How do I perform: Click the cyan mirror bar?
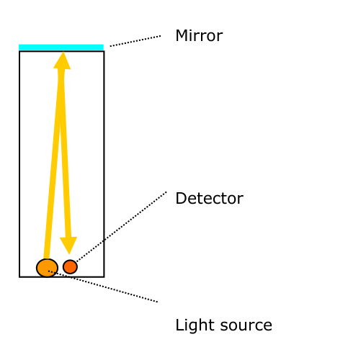tap(61, 48)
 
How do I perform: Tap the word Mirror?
tap(199, 36)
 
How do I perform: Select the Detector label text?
tap(210, 198)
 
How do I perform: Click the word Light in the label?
tap(195, 325)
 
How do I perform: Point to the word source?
tap(246, 326)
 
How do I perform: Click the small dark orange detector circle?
tap(70, 266)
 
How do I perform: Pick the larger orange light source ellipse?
tap(47, 268)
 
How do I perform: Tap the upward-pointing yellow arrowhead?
tap(62, 60)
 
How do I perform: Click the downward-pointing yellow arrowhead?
tap(68, 246)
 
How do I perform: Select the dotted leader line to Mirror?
tap(135, 41)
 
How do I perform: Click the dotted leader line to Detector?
tap(121, 227)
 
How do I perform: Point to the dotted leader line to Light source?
tap(103, 287)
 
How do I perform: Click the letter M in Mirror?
tap(182, 36)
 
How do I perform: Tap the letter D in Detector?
tap(181, 199)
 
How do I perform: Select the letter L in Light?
tap(179, 325)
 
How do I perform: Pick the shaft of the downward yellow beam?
tap(65, 153)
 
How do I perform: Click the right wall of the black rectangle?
tap(104, 164)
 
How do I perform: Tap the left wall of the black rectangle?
tap(19, 164)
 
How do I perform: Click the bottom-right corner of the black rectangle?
tap(104, 277)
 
